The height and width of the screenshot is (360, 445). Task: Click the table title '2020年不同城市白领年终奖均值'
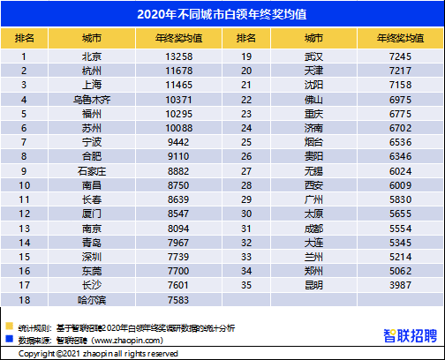pos(222,15)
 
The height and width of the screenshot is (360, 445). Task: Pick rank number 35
pos(248,286)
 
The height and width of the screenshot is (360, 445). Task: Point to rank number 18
pos(26,300)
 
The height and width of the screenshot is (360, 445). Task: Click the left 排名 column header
pos(26,39)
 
